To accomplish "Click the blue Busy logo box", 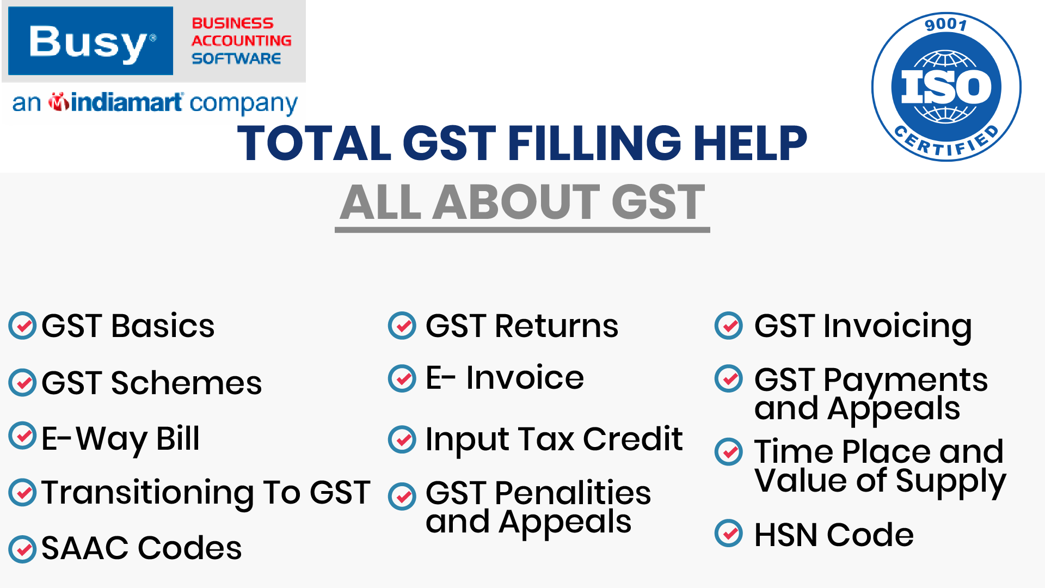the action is [90, 41].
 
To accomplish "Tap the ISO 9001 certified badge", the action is [946, 87].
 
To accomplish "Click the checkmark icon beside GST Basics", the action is [22, 326].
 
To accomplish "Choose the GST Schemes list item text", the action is [152, 383].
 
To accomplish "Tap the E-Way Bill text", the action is [121, 439].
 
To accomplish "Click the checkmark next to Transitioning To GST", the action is [22, 493].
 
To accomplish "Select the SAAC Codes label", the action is [142, 548].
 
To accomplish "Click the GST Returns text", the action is [522, 326].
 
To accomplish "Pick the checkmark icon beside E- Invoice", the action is [402, 378].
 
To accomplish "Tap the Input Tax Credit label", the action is [554, 439].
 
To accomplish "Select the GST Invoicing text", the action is [863, 327].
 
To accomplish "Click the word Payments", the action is [906, 381].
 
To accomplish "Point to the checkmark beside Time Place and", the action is [729, 451].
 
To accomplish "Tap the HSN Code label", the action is [834, 535].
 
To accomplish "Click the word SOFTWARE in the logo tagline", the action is [236, 58].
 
